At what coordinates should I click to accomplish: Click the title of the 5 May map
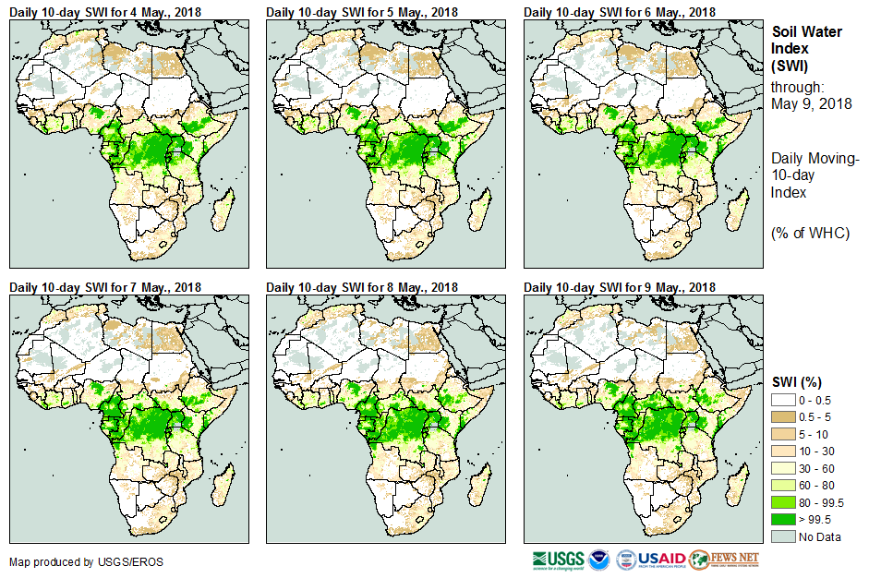(x=362, y=11)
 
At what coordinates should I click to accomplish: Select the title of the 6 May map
(x=620, y=11)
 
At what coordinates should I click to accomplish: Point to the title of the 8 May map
(x=362, y=287)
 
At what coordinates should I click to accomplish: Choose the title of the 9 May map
(x=620, y=287)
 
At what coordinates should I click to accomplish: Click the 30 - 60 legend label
(x=818, y=468)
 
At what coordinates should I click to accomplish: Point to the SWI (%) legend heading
(x=797, y=381)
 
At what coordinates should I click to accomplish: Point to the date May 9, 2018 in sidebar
(x=811, y=103)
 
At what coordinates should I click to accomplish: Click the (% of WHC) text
(x=810, y=233)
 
